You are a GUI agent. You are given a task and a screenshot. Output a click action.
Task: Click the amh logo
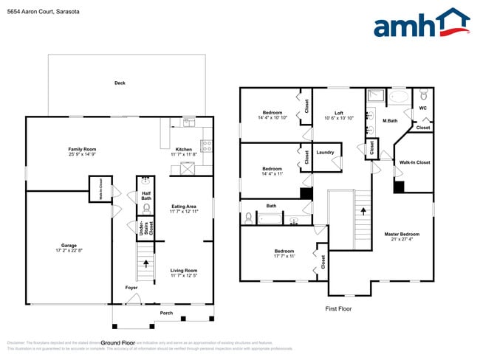coord(421,24)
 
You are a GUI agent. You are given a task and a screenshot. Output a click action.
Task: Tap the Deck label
coord(120,83)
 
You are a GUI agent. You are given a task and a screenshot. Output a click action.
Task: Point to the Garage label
coord(69,245)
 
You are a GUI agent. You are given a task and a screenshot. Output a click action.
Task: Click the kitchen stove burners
coord(207,145)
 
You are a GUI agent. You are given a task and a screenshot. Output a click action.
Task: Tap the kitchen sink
coord(189,122)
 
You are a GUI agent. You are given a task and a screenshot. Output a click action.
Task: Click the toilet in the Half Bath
coord(146,208)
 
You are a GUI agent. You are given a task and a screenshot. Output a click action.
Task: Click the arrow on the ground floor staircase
coord(146,262)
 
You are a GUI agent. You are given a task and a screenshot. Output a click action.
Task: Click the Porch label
coord(166,312)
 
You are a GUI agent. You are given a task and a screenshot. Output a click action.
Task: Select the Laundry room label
coord(326,153)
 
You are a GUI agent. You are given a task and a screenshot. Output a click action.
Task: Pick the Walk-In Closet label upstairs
coord(414,162)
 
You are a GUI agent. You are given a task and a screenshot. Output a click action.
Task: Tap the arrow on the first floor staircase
coord(363,210)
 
